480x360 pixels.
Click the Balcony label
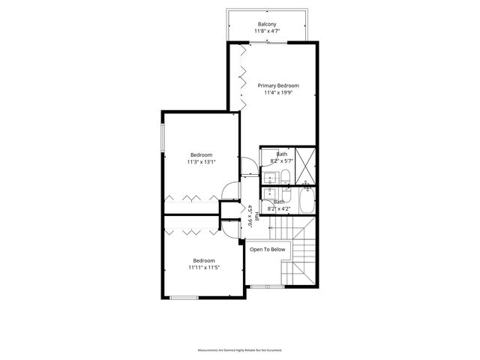pyautogui.click(x=267, y=23)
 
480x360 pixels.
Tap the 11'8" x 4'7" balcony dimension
pyautogui.click(x=267, y=31)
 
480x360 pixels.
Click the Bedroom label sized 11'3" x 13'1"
pyautogui.click(x=201, y=154)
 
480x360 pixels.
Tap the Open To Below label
pyautogui.click(x=267, y=249)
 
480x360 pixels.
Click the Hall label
pyautogui.click(x=256, y=216)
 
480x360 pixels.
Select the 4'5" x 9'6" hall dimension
pyautogui.click(x=250, y=216)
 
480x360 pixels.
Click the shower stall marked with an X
pyautogui.click(x=305, y=159)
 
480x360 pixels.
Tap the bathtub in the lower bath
pyautogui.click(x=307, y=202)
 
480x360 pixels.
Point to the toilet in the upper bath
pyautogui.click(x=286, y=177)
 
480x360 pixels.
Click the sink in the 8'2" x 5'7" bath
pyautogui.click(x=269, y=178)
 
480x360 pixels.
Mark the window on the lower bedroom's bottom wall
pyautogui.click(x=184, y=298)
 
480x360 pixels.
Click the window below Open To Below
pyautogui.click(x=266, y=286)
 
